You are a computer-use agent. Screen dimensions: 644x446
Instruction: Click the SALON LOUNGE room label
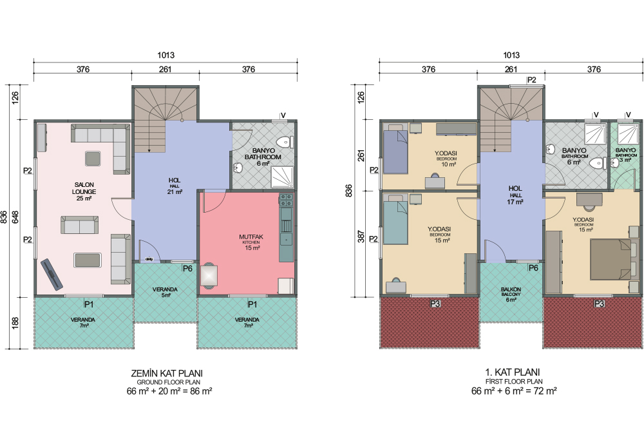tap(84, 191)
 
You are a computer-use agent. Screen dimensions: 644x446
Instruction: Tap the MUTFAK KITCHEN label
tap(251, 242)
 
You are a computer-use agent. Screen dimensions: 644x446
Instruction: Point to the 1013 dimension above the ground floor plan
tap(166, 55)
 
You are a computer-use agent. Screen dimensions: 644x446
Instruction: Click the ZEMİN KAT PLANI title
tap(167, 373)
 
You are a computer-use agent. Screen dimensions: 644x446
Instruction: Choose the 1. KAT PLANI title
tap(513, 373)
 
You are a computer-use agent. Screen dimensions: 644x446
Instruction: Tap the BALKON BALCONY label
tap(511, 295)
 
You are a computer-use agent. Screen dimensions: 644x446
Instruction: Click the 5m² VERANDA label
tap(165, 292)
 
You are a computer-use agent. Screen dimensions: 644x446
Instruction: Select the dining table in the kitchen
tap(209, 275)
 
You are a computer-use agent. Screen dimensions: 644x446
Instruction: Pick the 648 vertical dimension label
tap(15, 217)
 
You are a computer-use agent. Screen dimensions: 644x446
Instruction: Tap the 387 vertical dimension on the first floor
tap(361, 237)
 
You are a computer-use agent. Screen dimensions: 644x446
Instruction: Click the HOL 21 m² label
tap(175, 186)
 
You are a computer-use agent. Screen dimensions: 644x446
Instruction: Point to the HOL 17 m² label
tap(515, 195)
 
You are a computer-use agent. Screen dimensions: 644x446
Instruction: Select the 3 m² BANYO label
tap(625, 155)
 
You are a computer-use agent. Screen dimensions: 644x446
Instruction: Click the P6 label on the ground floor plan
tap(187, 269)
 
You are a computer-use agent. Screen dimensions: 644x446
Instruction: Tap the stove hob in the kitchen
tap(287, 200)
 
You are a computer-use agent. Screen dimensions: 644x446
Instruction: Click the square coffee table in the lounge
tap(92, 159)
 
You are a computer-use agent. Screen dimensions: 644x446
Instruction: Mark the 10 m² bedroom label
tap(446, 159)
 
